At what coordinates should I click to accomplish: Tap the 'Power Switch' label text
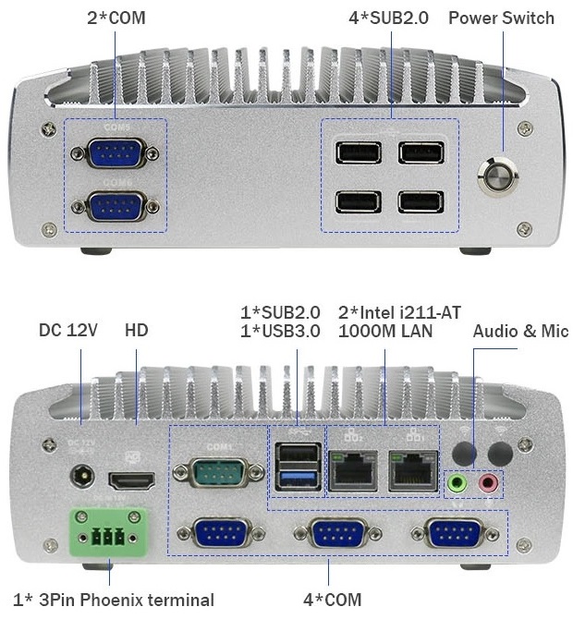[x=501, y=18]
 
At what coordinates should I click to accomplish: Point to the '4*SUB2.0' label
[x=389, y=18]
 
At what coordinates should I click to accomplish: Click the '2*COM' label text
[x=116, y=18]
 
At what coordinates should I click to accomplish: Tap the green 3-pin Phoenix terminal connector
[x=103, y=535]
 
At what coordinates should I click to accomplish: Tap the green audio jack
[x=456, y=482]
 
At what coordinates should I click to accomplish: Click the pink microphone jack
[x=490, y=482]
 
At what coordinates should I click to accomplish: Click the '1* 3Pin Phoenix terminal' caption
[x=114, y=600]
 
